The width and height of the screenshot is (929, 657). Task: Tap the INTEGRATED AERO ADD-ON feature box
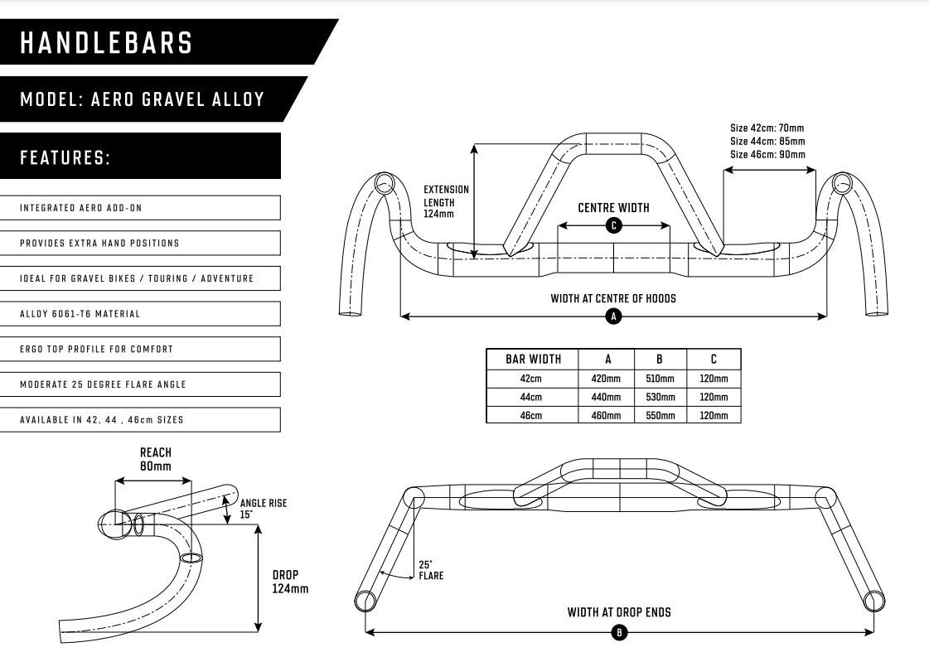click(x=140, y=208)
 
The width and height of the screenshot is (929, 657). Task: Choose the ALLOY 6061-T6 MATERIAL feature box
click(x=140, y=314)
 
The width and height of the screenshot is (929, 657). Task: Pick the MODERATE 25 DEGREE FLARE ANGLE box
click(x=140, y=384)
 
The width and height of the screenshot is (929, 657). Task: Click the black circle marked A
click(x=614, y=317)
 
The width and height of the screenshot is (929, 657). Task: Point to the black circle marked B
click(x=619, y=633)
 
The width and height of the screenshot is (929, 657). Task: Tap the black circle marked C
click(x=614, y=225)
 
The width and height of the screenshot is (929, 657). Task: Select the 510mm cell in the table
click(x=660, y=379)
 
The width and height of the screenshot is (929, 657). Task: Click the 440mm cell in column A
click(x=606, y=397)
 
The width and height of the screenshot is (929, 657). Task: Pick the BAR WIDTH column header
click(x=533, y=359)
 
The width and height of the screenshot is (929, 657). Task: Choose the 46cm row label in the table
click(x=531, y=415)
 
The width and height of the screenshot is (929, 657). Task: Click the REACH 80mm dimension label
click(x=156, y=460)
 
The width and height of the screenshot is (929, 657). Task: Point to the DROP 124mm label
click(x=290, y=582)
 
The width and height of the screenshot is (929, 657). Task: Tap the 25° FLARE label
click(x=431, y=570)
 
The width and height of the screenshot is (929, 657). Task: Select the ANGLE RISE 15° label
click(x=263, y=509)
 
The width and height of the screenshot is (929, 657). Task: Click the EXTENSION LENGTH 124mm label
click(x=446, y=201)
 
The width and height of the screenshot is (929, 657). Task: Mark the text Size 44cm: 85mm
click(x=767, y=141)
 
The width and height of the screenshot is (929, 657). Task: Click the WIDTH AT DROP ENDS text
click(x=619, y=612)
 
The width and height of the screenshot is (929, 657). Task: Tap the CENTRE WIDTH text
click(x=614, y=208)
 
